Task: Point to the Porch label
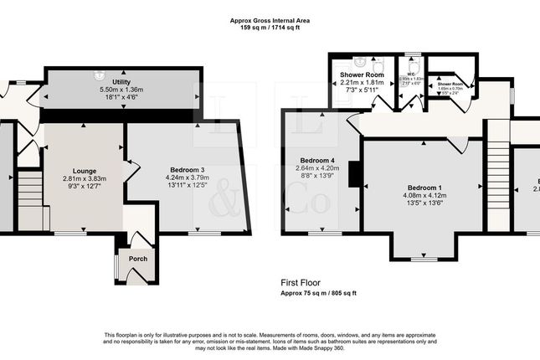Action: coord(137,259)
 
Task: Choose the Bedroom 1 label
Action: coord(425,188)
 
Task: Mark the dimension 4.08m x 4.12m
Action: coord(425,196)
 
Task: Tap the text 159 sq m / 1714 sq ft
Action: coord(270,28)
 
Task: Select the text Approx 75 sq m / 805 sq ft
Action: coord(318,293)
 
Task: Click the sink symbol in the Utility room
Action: coord(99,75)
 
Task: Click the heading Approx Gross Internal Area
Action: coord(270,20)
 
